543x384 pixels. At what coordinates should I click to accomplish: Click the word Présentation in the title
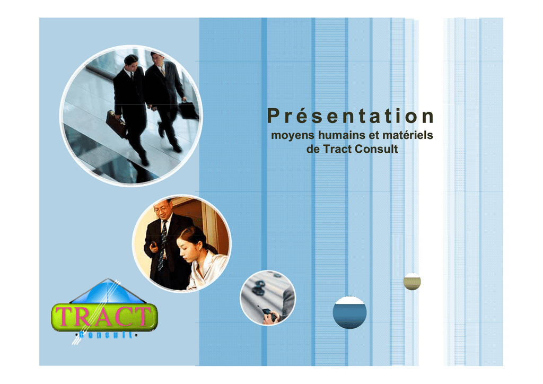point(351,116)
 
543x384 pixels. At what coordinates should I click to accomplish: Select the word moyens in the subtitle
point(293,135)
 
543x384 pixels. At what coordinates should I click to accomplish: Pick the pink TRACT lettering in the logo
point(104,317)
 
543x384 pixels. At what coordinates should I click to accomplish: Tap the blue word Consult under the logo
point(106,335)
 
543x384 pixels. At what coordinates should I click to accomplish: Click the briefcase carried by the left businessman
point(116,123)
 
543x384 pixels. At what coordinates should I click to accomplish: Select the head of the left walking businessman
point(131,63)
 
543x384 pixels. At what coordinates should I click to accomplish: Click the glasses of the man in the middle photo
point(160,210)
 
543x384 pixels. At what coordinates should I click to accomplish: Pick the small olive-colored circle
point(412,282)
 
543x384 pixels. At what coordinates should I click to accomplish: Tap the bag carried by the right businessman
point(188,110)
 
